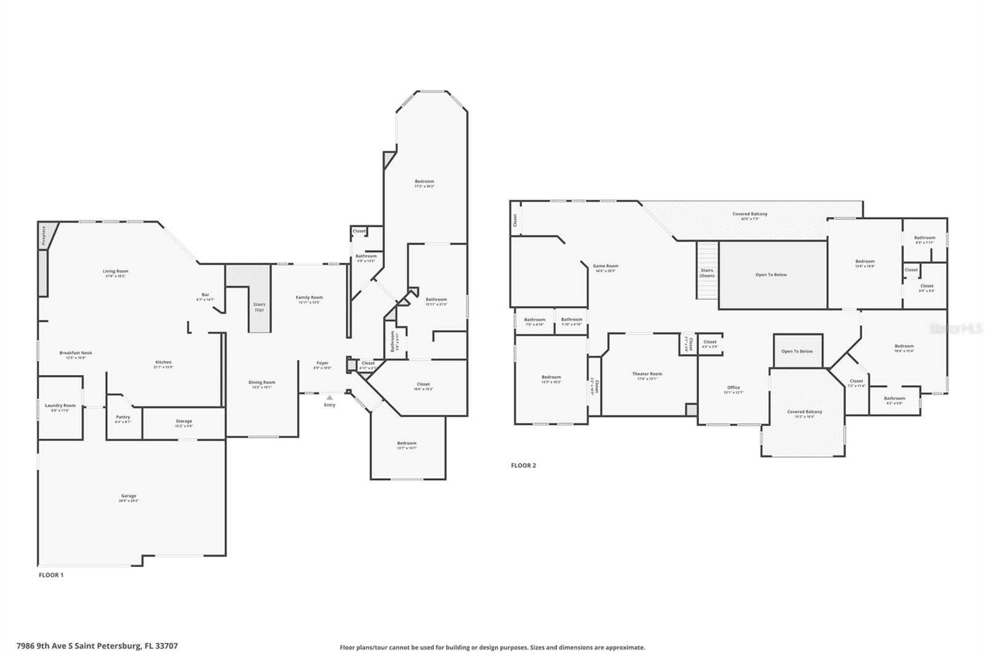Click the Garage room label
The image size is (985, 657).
(x=129, y=496)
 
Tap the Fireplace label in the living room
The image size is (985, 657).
(x=44, y=235)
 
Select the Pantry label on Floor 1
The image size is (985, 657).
(x=123, y=417)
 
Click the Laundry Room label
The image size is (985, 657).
(x=60, y=406)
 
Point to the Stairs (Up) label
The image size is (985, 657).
(x=259, y=306)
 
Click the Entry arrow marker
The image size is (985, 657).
(x=330, y=398)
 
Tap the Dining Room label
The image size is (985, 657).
(x=262, y=383)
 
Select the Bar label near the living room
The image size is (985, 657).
(x=205, y=295)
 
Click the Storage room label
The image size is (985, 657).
(x=184, y=422)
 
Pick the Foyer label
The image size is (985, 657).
(x=323, y=363)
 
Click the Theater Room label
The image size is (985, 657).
(x=647, y=374)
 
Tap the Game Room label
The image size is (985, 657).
(x=606, y=266)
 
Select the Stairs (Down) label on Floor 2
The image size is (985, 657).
(x=707, y=272)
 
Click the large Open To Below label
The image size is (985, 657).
(x=771, y=275)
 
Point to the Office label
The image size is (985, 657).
(x=733, y=388)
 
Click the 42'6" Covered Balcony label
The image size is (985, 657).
(x=750, y=214)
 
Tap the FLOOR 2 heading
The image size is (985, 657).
(x=523, y=465)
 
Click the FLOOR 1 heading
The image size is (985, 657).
(x=51, y=575)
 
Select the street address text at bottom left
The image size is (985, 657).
(x=97, y=646)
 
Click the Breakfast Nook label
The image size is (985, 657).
(x=76, y=353)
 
